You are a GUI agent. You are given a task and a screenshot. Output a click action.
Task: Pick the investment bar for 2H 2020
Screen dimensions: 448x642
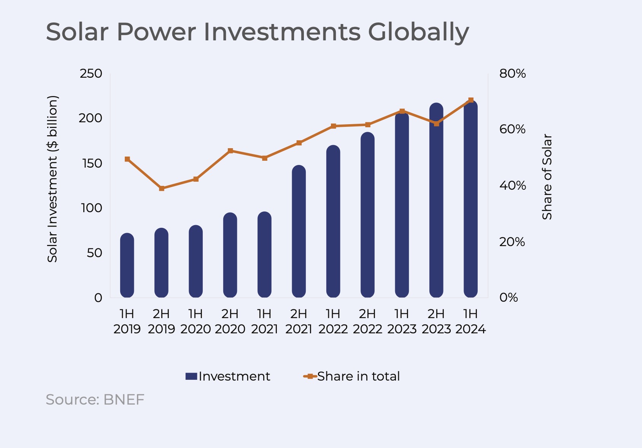click(x=230, y=255)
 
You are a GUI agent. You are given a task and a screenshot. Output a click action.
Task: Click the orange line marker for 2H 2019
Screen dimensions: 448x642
click(x=162, y=188)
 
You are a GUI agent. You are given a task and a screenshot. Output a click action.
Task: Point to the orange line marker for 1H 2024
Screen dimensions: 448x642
click(x=471, y=100)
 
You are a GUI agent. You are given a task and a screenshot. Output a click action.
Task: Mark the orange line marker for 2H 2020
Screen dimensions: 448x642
click(x=230, y=151)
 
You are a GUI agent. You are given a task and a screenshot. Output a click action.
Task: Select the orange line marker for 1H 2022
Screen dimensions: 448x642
click(x=333, y=126)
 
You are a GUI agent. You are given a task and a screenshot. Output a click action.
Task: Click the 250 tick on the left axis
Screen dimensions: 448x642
click(x=91, y=74)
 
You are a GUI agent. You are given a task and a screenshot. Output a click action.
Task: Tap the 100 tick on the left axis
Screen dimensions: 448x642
click(x=91, y=208)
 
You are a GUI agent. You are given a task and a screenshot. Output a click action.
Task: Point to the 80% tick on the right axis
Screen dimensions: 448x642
click(x=512, y=74)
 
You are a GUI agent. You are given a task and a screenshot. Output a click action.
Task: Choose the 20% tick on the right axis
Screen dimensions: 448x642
click(x=512, y=242)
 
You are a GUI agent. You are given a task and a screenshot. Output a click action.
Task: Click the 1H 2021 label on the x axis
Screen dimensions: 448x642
click(x=264, y=321)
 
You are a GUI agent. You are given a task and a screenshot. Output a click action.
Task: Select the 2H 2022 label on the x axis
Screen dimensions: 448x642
click(x=367, y=321)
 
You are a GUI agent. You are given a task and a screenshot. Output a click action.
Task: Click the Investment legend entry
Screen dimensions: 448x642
click(x=228, y=376)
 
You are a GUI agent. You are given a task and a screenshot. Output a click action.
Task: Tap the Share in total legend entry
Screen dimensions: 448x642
click(x=352, y=376)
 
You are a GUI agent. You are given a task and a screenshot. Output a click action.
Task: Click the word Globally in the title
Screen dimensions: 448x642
click(x=418, y=32)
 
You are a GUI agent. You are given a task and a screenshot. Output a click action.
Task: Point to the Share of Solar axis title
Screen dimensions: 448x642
click(x=547, y=177)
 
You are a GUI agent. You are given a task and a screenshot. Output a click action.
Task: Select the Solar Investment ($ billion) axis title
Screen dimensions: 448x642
click(x=52, y=179)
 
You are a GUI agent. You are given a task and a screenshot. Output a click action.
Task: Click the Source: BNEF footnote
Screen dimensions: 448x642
click(x=95, y=400)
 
